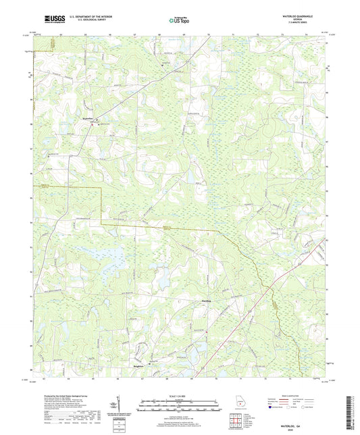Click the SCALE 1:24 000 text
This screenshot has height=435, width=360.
(179, 395)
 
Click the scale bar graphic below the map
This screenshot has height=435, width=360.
(179, 405)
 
